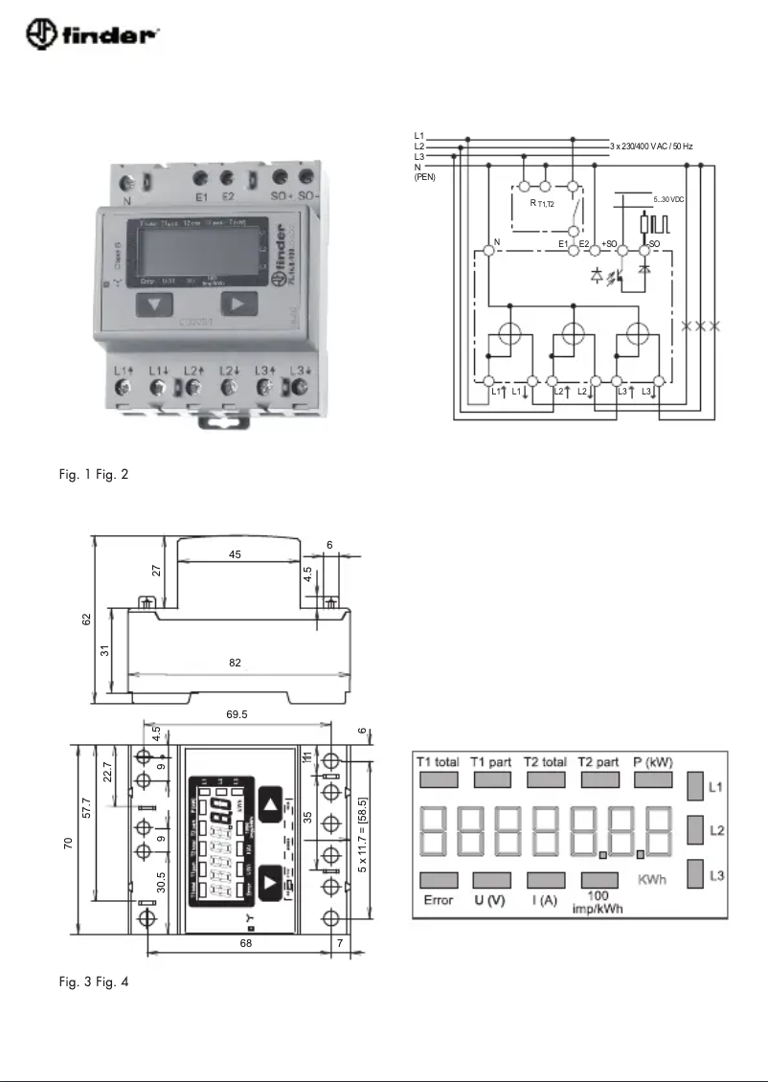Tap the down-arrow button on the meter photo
(x=154, y=304)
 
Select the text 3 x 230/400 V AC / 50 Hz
(x=651, y=147)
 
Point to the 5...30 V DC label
(x=667, y=198)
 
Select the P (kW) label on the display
(x=654, y=762)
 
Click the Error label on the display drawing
(x=438, y=901)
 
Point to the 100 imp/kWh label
(x=599, y=903)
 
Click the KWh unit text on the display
(x=654, y=879)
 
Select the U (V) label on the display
(x=491, y=901)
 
